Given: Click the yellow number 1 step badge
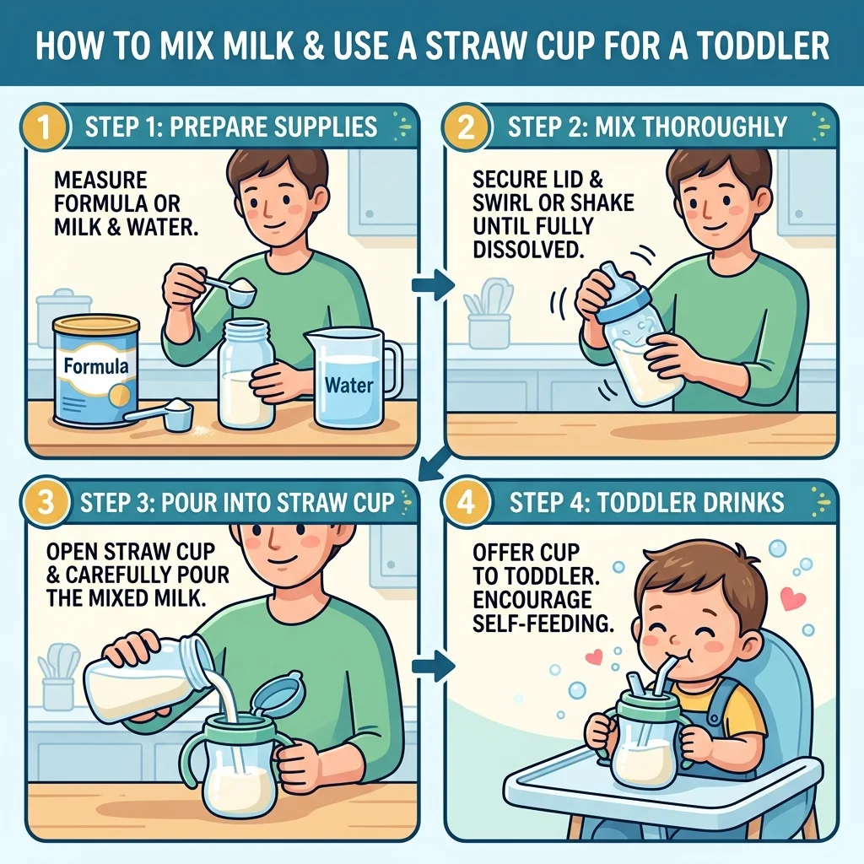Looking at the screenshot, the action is click(x=44, y=127).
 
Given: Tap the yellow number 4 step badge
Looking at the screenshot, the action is click(x=466, y=503).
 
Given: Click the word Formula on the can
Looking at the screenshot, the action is click(x=96, y=366).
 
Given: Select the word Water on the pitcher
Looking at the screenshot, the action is click(x=348, y=385).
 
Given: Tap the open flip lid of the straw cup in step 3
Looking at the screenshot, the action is click(x=278, y=694).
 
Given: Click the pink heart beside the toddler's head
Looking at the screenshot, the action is click(x=793, y=598).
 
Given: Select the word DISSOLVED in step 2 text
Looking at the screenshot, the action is click(x=528, y=250).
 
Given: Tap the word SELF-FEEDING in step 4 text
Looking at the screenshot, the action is click(x=543, y=624).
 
